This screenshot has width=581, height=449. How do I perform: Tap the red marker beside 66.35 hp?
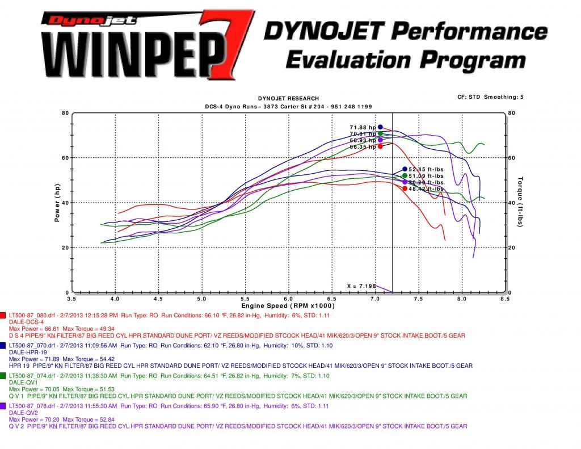coord(380,146)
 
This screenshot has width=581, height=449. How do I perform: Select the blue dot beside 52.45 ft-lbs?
coord(405,169)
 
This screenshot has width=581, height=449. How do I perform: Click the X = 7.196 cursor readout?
coord(361,286)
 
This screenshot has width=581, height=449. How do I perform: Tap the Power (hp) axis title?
coord(57,203)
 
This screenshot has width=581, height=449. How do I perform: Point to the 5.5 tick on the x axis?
coord(245,298)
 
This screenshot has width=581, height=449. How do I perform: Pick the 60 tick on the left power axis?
coord(65,158)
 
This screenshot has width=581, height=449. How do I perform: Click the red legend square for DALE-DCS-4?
coord(3,314)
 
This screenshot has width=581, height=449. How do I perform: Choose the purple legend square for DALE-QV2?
coord(3,406)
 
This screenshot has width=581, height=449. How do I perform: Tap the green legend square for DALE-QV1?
coord(3,376)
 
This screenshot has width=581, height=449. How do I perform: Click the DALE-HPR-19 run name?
coord(26,353)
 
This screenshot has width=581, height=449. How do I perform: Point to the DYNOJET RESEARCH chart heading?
coord(288,99)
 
